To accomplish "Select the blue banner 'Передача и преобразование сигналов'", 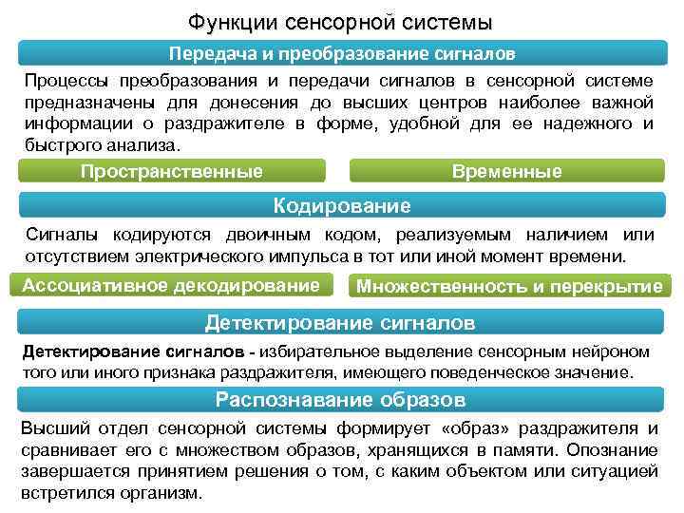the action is [342, 53].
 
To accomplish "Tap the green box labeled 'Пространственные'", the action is [171, 171].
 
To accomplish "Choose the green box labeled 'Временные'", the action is [507, 171].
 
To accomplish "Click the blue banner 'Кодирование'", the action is [342, 205].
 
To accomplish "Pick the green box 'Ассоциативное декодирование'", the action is [171, 285].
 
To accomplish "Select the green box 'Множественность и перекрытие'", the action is [508, 286].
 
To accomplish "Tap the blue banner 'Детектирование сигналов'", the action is [342, 323].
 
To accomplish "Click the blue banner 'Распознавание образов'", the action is [342, 398].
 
